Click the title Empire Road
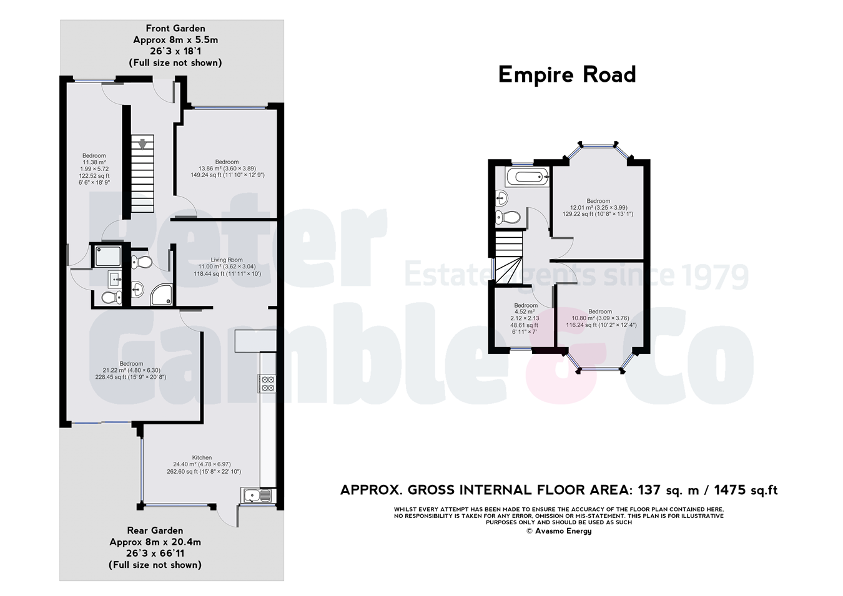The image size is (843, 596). coord(567,75)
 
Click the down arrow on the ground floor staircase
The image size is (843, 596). coord(142,144)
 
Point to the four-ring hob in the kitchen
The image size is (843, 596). coord(268,384)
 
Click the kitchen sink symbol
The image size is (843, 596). coord(257,496)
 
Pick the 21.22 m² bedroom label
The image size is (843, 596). coord(131,370)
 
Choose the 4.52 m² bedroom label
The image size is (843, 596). coord(525,318)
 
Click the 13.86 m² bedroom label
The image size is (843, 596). coord(227,169)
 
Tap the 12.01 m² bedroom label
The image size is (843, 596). coord(598,208)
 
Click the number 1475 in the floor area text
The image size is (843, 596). coord(731,491)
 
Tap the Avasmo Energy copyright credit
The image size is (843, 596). coord(559,531)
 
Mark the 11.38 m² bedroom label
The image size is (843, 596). coord(94,169)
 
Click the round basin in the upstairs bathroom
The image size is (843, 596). coord(501,198)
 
